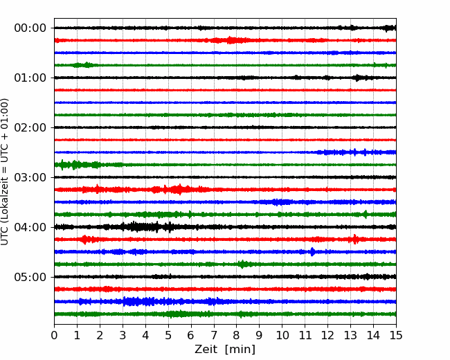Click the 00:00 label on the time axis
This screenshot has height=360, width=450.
pyautogui.click(x=30, y=28)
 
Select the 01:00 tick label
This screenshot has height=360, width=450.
pyautogui.click(x=30, y=78)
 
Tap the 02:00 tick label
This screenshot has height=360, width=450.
pyautogui.click(x=30, y=127)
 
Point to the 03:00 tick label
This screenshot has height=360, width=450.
pyautogui.click(x=30, y=177)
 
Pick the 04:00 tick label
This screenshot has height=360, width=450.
pyautogui.click(x=30, y=227)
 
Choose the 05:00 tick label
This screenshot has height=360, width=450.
pyautogui.click(x=30, y=277)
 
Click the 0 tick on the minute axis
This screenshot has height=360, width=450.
pyautogui.click(x=54, y=335)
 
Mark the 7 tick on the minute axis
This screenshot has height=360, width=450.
pyautogui.click(x=214, y=335)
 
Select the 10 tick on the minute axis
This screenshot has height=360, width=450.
pyautogui.click(x=282, y=335)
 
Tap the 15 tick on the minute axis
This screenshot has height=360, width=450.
pyautogui.click(x=396, y=335)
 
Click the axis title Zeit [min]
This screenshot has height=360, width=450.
pyautogui.click(x=225, y=350)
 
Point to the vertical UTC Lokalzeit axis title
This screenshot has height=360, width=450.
pyautogui.click(x=4, y=172)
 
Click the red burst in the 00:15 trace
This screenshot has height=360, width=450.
pyautogui.click(x=230, y=40)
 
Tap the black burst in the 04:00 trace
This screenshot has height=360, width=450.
pyautogui.click(x=141, y=227)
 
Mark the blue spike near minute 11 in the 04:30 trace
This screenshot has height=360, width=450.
pyautogui.click(x=312, y=252)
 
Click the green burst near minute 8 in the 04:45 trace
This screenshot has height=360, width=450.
pyautogui.click(x=244, y=264)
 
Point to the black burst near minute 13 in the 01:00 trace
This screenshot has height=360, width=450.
pyautogui.click(x=357, y=78)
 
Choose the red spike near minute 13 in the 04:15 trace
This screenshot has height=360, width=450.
pyautogui.click(x=355, y=239)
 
